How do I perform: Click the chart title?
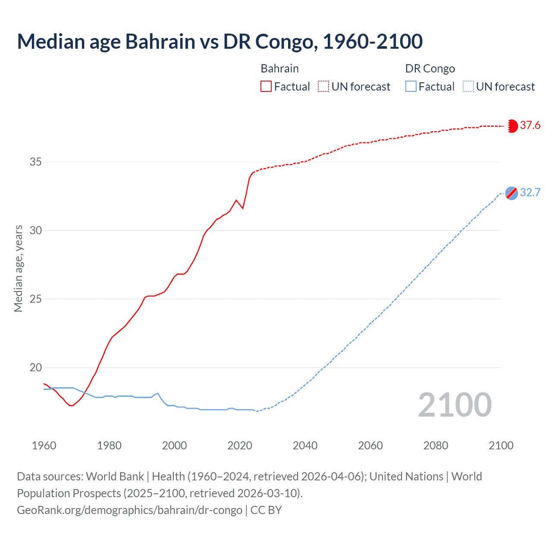click(x=220, y=41)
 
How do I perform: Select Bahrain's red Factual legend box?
click(x=266, y=87)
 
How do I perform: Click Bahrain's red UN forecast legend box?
click(x=323, y=87)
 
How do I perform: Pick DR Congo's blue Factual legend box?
click(x=411, y=87)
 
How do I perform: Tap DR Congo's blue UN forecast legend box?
click(x=468, y=87)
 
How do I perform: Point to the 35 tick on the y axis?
click(x=36, y=162)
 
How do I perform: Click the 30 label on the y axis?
click(x=36, y=230)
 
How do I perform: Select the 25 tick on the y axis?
click(x=36, y=299)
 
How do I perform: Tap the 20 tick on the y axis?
click(x=36, y=367)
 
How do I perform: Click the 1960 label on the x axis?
click(x=44, y=445)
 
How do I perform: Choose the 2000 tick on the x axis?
click(x=175, y=445)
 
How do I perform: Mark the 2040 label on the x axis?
click(x=305, y=445)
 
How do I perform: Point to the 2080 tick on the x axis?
click(x=436, y=445)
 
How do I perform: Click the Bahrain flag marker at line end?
click(x=512, y=126)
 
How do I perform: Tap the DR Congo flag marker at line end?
click(x=512, y=193)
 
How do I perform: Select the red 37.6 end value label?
click(x=530, y=125)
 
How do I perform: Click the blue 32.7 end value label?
click(x=530, y=193)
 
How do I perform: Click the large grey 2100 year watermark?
click(x=455, y=405)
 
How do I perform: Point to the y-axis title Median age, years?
click(x=18, y=268)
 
